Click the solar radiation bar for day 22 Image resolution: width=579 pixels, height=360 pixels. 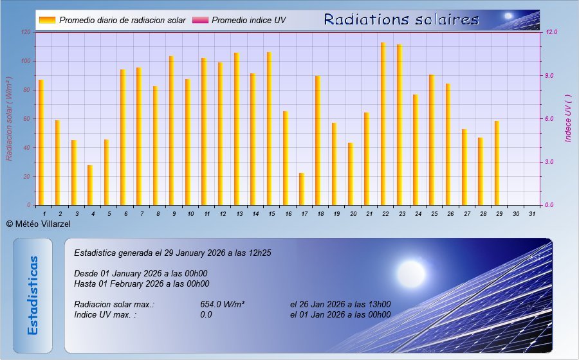pyautogui.click(x=383, y=123)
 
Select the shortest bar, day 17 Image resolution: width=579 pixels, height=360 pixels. pyautogui.click(x=302, y=189)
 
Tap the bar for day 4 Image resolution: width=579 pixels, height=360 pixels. pyautogui.click(x=90, y=185)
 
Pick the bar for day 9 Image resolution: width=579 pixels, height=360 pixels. pyautogui.click(x=171, y=130)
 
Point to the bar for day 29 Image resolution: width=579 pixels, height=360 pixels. pyautogui.click(x=497, y=163)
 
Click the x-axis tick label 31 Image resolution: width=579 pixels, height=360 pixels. pyautogui.click(x=532, y=214)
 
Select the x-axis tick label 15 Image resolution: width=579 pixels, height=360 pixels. pyautogui.click(x=271, y=214)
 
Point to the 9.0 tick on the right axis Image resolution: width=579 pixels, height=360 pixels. pyautogui.click(x=549, y=76)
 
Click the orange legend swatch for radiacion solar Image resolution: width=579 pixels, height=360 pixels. pyautogui.click(x=47, y=20)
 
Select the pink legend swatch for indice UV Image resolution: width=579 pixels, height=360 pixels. pyautogui.click(x=201, y=20)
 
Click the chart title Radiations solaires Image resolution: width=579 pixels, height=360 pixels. pyautogui.click(x=401, y=19)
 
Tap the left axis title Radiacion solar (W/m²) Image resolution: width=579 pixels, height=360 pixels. pyautogui.click(x=9, y=119)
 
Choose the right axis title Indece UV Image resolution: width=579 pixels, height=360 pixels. pyautogui.click(x=568, y=118)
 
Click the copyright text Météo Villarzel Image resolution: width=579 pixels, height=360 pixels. pyautogui.click(x=39, y=224)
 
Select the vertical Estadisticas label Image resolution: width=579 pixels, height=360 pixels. pyautogui.click(x=33, y=296)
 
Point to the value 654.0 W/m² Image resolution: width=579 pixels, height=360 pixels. pyautogui.click(x=223, y=304)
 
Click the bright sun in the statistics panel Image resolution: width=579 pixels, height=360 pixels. pyautogui.click(x=411, y=274)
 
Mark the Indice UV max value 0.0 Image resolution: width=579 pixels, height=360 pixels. pyautogui.click(x=206, y=314)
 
